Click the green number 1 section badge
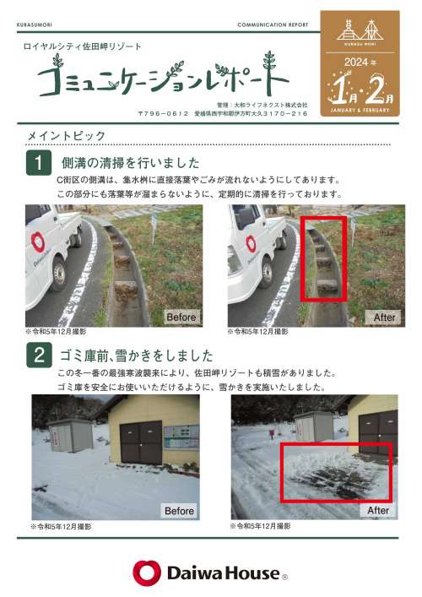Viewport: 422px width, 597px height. click(39, 163)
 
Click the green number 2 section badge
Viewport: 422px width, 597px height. click(39, 355)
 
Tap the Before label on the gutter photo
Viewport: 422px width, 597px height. click(181, 317)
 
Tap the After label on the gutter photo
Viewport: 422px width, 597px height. click(384, 317)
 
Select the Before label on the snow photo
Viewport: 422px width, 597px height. click(179, 511)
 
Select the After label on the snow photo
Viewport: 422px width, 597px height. click(378, 510)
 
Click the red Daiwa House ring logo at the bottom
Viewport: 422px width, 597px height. click(147, 573)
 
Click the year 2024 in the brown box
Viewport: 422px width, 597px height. click(356, 62)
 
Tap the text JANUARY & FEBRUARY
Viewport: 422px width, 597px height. click(360, 110)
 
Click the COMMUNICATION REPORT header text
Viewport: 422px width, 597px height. click(273, 24)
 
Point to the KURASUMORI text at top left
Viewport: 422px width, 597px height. click(35, 24)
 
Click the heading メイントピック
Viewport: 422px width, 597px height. click(66, 136)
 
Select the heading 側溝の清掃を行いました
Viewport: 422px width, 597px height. click(131, 163)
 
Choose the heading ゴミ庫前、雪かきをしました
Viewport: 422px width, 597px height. click(136, 355)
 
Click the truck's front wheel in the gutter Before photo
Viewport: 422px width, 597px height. click(59, 273)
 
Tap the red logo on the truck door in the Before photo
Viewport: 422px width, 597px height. click(37, 242)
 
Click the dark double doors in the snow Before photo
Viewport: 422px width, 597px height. click(141, 442)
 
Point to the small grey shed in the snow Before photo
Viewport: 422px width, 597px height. click(71, 435)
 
